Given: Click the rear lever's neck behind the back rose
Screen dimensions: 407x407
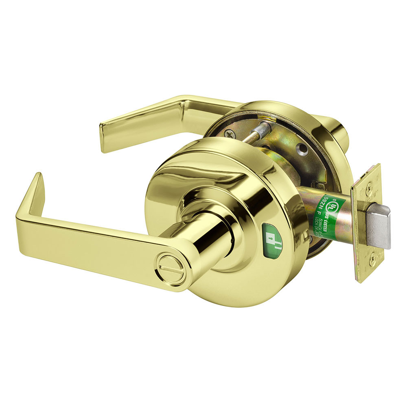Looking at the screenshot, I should [x=338, y=130].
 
